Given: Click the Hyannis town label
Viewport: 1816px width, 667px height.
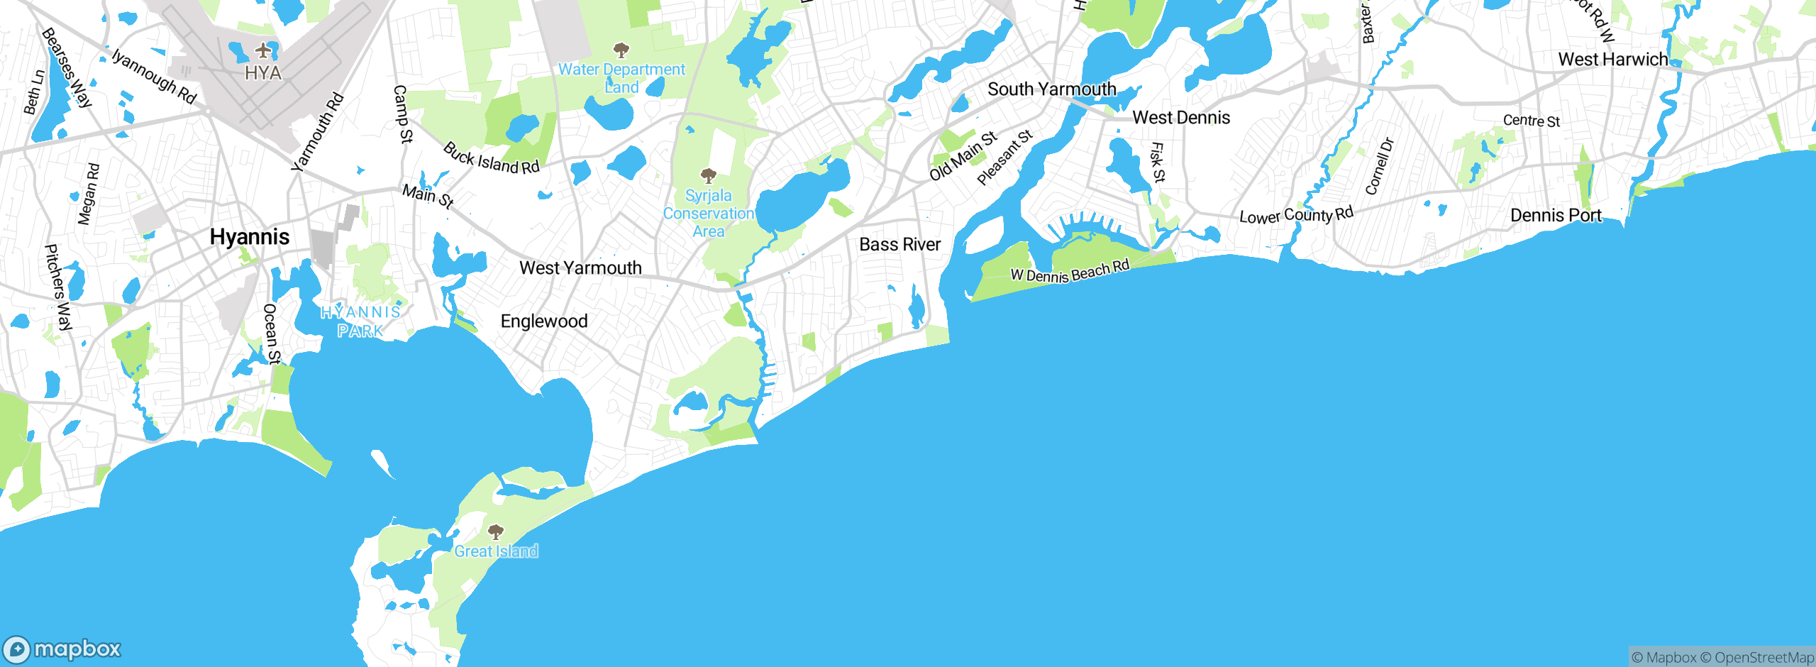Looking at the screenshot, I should (250, 237).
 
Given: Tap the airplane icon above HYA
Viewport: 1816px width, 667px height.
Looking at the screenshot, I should (264, 50).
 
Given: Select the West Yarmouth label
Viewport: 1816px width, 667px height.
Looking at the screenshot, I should (580, 268).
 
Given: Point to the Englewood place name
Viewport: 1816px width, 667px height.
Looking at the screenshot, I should (544, 321).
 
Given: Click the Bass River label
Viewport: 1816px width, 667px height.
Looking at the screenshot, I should (899, 245).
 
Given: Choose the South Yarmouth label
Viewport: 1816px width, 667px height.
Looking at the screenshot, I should (1051, 89).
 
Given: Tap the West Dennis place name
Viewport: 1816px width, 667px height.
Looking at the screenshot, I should (1181, 118).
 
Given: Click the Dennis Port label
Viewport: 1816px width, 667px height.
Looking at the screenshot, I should (1556, 216).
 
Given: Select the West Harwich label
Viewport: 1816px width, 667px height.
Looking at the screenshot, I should (1612, 60).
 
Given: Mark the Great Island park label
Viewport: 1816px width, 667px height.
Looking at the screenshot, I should (496, 551).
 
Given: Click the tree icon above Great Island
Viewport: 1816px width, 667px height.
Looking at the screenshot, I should (496, 531).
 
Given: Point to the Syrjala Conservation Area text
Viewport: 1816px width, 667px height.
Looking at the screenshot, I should (708, 214).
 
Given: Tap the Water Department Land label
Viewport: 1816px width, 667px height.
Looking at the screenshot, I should (621, 79).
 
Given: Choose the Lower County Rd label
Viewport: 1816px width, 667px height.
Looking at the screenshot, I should (1296, 215).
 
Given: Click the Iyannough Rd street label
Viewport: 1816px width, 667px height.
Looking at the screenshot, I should (154, 76).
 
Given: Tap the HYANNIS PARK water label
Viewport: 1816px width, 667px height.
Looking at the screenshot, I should (360, 321).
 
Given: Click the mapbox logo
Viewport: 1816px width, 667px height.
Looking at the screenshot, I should (62, 649).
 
